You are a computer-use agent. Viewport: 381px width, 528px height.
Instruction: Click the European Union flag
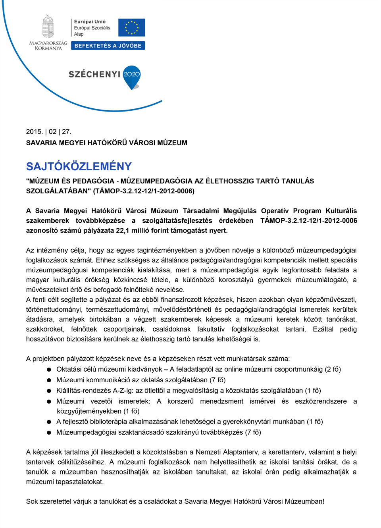[x=131, y=27]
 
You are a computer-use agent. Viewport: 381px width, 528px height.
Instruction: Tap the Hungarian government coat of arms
[x=48, y=27]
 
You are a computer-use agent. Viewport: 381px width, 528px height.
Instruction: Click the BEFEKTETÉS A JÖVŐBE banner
[x=108, y=46]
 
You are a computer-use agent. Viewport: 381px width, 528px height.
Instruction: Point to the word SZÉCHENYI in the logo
[x=94, y=74]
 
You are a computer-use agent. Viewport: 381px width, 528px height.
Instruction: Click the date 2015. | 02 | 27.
[x=49, y=132]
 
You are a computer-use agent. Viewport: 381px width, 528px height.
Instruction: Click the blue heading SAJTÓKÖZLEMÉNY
[x=79, y=166]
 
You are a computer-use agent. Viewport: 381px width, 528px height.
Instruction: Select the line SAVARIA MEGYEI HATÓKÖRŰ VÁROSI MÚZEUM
[x=107, y=143]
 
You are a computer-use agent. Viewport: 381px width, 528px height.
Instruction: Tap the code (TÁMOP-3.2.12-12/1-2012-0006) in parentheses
[x=144, y=191]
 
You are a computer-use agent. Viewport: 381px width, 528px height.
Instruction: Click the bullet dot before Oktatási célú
[x=49, y=370]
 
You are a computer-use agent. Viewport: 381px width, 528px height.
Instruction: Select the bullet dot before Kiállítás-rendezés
[x=49, y=391]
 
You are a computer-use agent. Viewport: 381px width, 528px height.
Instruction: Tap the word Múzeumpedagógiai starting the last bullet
[x=88, y=432]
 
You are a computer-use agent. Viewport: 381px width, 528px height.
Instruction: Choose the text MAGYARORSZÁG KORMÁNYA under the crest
[x=48, y=46]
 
